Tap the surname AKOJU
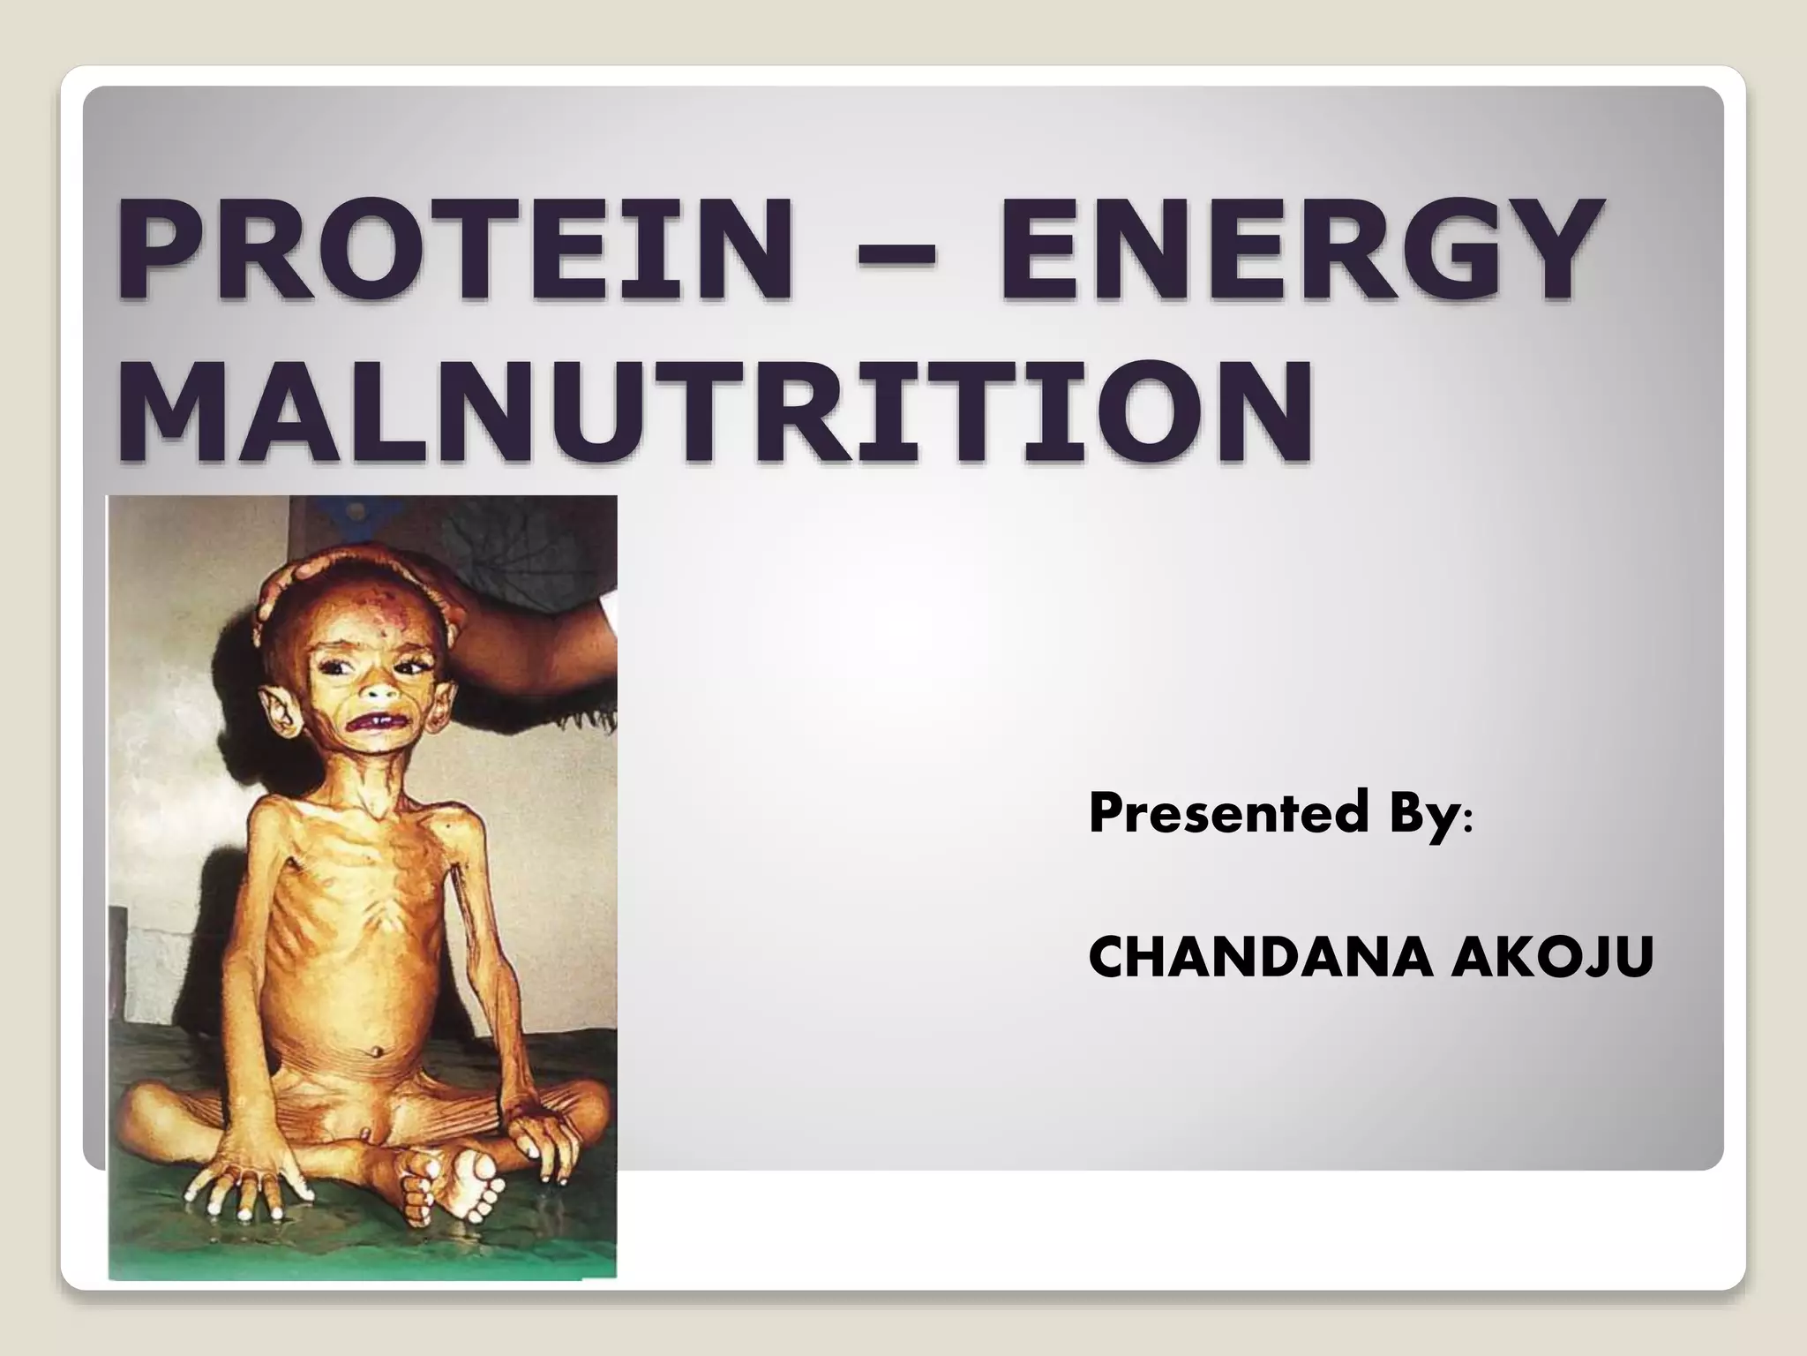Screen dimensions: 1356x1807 [x=1552, y=960]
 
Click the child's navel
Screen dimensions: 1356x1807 [x=378, y=1052]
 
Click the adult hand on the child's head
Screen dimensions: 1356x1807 [x=353, y=574]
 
